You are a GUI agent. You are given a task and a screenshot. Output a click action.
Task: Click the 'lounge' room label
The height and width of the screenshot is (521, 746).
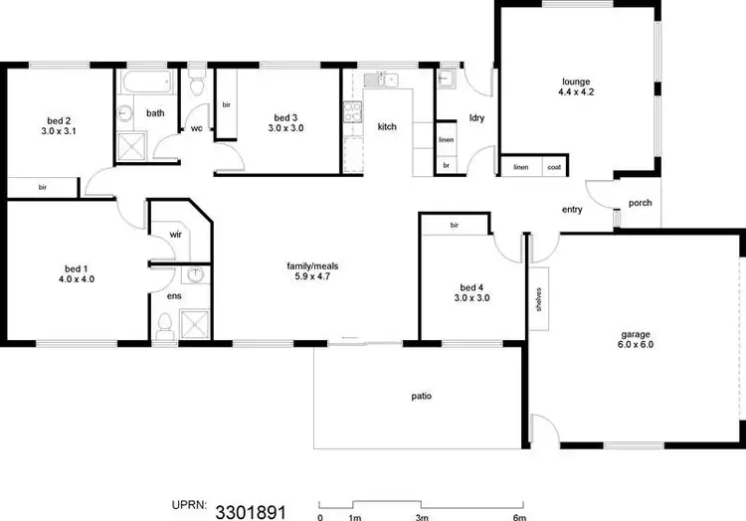point(576,82)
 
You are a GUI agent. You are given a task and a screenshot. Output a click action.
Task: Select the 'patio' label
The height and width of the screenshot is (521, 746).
point(422,396)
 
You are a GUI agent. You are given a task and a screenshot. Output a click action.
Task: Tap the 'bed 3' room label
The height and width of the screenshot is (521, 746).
point(286,116)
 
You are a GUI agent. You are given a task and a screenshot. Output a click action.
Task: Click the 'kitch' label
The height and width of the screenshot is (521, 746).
point(387,127)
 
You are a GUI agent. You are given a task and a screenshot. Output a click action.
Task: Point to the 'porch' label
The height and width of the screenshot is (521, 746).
point(641,203)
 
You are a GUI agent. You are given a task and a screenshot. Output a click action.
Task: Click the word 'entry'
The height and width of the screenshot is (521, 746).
point(572,210)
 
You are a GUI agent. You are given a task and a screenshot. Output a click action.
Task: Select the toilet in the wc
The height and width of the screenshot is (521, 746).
point(197,87)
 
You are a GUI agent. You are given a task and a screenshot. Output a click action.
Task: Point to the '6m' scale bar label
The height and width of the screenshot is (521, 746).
point(518,518)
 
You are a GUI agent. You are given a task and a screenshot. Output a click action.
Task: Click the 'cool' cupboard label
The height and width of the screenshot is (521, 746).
point(553,168)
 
